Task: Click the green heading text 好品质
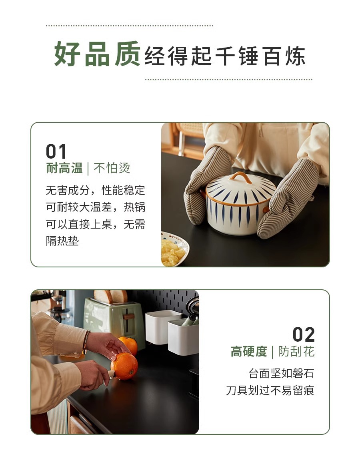[97, 54]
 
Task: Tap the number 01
[56, 151]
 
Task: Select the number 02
[304, 335]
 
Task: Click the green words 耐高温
[64, 168]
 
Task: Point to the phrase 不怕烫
[112, 168]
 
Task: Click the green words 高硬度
[249, 352]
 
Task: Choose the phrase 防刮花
[296, 352]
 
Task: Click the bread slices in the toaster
[111, 297]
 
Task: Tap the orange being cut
[124, 366]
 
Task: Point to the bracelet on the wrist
[86, 342]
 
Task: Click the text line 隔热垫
[62, 241]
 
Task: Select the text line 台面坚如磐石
[282, 374]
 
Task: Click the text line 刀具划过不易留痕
[270, 390]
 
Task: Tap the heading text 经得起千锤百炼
[225, 56]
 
